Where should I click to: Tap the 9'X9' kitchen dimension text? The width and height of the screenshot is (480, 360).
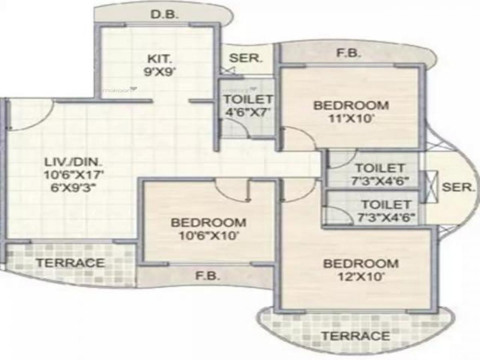[160, 74]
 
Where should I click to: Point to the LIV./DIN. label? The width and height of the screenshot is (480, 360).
[73, 163]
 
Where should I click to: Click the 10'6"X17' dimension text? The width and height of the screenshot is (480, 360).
[74, 175]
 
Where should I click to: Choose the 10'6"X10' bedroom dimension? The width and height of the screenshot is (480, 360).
[208, 235]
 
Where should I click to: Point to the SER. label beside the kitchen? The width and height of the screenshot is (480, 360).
[246, 58]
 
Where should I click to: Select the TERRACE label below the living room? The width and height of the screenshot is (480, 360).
[70, 263]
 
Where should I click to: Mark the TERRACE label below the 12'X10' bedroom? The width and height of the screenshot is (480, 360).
[356, 336]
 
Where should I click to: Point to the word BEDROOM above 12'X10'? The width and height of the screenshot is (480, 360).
[361, 264]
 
